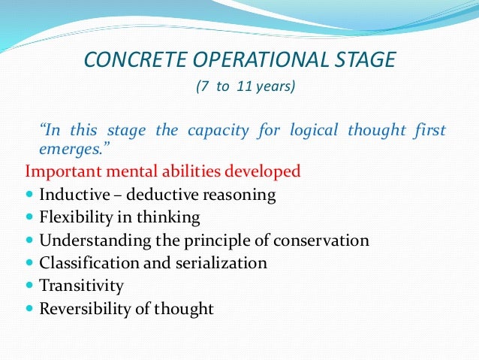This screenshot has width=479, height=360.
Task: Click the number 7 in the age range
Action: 201,86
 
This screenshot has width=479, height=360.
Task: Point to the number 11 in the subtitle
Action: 242,86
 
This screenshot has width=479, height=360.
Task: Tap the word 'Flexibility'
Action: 76,218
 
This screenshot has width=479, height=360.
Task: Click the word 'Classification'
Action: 86,263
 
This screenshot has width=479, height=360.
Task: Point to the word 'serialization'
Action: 226,263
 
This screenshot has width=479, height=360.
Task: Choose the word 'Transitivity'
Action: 81,286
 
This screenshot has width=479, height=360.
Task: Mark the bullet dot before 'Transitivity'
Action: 29,286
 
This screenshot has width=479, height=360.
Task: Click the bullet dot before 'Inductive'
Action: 29,195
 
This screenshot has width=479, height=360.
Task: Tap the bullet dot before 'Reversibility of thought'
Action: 29,309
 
